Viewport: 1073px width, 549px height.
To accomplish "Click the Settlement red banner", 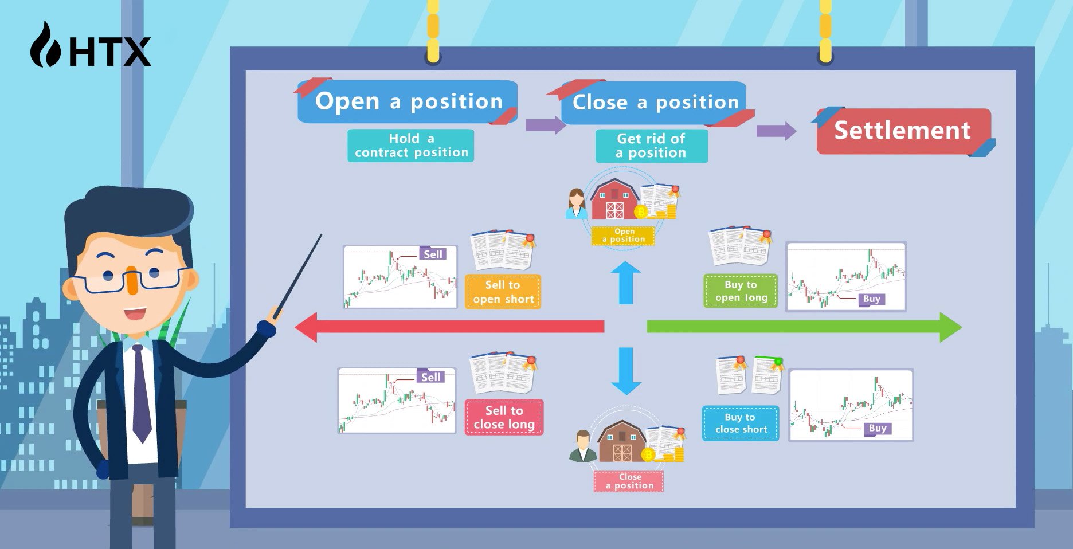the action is (903, 131).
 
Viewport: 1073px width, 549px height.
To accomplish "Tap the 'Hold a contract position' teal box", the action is (411, 146).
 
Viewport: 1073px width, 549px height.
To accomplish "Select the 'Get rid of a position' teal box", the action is (652, 146).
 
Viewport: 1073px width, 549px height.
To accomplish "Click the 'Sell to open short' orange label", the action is (503, 292).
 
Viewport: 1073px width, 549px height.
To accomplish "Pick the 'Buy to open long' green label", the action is (741, 291).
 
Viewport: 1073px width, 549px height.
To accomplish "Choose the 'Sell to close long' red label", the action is (504, 417).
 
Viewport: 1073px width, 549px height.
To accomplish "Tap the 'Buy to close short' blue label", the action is (741, 423).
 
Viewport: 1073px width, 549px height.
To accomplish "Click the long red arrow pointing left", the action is (449, 327).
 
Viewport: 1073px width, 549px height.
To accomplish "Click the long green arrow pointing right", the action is (805, 327).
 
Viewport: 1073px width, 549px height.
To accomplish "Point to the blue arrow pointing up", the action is (626, 283).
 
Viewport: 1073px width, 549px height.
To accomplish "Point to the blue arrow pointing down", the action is (626, 371).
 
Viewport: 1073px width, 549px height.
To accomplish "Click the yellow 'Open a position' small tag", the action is (624, 236).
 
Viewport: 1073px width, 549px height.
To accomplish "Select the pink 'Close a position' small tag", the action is (629, 481).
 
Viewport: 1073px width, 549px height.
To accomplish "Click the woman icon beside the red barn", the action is (576, 204).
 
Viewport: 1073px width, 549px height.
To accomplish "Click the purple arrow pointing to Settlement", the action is (777, 131).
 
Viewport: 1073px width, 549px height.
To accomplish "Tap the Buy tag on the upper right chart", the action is (871, 299).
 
